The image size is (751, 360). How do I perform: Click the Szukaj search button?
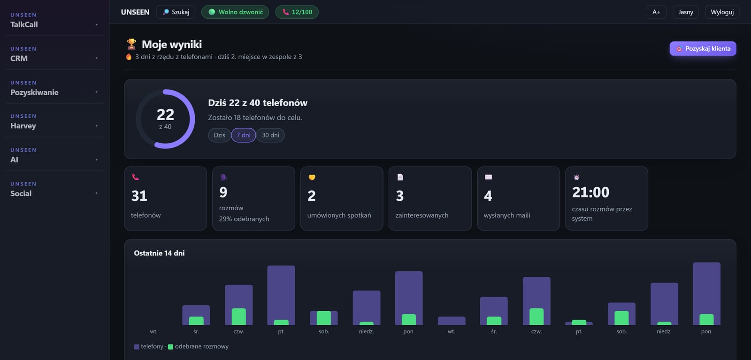tap(176, 12)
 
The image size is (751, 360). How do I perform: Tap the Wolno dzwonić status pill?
tap(235, 12)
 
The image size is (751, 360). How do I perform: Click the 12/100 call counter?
tap(297, 12)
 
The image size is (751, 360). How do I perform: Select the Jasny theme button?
tap(686, 12)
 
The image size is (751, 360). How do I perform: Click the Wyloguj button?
tap(722, 12)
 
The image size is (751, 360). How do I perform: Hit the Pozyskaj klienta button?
tap(703, 49)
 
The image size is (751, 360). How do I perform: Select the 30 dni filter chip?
tap(270, 135)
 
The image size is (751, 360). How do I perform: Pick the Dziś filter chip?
tap(219, 135)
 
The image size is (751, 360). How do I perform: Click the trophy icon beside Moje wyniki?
tap(131, 44)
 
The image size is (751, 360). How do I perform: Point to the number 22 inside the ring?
tap(165, 115)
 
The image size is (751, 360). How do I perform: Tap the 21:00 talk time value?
tap(590, 192)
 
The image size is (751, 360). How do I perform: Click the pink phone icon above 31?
tap(136, 177)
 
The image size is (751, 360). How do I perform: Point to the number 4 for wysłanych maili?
tap(488, 196)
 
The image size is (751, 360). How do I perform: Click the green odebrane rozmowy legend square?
tap(170, 346)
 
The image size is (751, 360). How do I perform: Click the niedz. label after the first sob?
tap(367, 331)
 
